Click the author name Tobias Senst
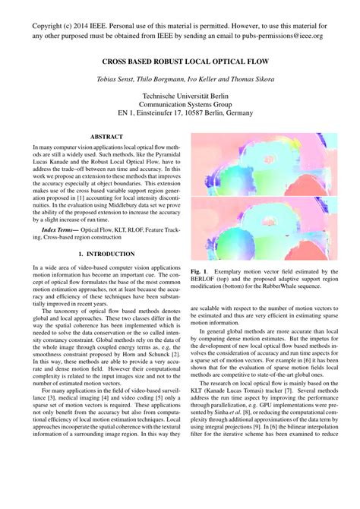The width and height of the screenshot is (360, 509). click(118, 79)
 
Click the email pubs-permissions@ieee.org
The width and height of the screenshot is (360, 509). click(273, 35)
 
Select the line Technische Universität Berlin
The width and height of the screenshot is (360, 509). click(180, 97)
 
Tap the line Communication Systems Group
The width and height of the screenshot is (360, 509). click(180, 106)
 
